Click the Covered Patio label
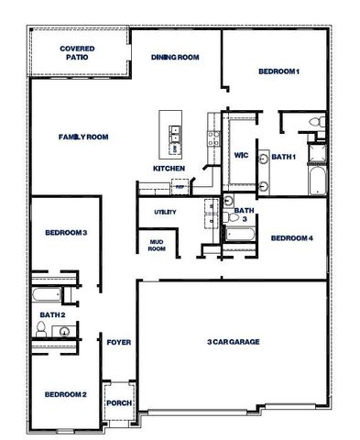pos(78,52)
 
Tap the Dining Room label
pos(174,57)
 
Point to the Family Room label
pos(83,137)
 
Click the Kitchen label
pos(169,169)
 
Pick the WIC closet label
pos(242,155)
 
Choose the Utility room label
pos(165,212)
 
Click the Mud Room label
pos(157,245)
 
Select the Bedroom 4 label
pos(292,238)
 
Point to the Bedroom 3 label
pos(66,233)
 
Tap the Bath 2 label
pos(52,315)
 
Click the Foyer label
pos(119,342)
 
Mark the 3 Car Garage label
pos(234,342)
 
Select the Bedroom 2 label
pos(66,394)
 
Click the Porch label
pos(119,403)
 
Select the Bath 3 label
pos(243,214)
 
